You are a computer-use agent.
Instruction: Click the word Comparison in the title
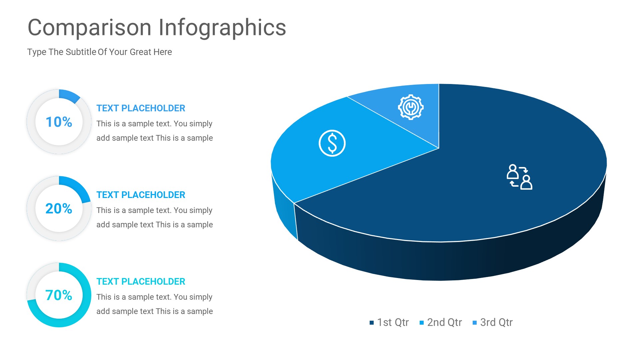[x=89, y=28]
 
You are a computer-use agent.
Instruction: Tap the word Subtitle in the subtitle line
[x=81, y=52]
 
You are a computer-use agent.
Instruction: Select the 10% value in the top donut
[x=59, y=122]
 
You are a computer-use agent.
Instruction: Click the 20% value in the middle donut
[x=59, y=209]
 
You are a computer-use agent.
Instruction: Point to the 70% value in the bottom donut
[x=59, y=295]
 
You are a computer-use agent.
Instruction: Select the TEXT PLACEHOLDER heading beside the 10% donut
[x=141, y=108]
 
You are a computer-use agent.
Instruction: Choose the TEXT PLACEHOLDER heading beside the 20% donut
[x=141, y=195]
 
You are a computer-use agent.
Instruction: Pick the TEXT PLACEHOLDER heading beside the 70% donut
[x=141, y=282]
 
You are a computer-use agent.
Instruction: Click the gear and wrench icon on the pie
[x=411, y=107]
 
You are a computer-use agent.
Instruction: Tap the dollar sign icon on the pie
[x=332, y=143]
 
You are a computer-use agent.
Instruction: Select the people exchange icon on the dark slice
[x=519, y=177]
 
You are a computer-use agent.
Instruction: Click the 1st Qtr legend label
[x=393, y=322]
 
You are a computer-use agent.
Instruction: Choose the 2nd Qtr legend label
[x=444, y=322]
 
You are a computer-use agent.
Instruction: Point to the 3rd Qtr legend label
[x=496, y=322]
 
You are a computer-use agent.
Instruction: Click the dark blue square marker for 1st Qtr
[x=372, y=323]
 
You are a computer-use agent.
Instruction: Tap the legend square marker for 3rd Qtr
[x=475, y=323]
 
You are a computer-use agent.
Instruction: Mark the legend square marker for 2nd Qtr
[x=422, y=323]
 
